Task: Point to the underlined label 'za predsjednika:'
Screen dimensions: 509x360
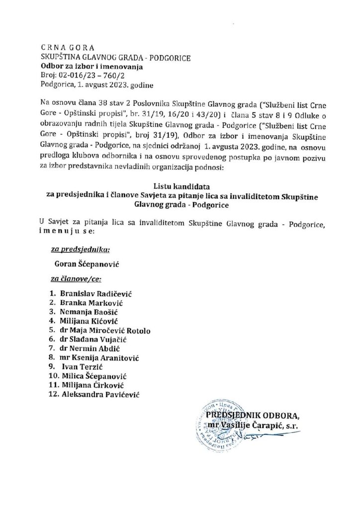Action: [x=80, y=250]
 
